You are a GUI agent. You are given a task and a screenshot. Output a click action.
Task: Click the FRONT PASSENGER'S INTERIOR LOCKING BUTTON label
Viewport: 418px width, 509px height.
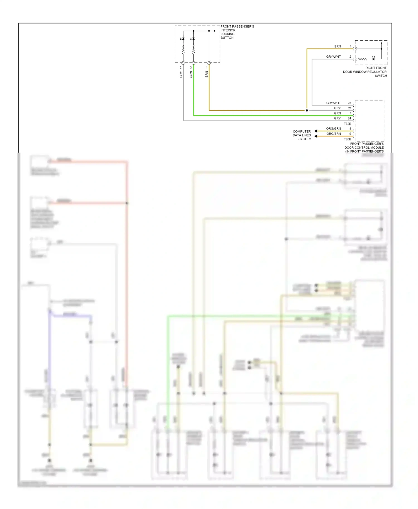(x=237, y=32)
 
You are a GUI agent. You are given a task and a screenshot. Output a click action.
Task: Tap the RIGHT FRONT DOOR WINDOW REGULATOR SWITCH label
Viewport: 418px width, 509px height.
(x=365, y=72)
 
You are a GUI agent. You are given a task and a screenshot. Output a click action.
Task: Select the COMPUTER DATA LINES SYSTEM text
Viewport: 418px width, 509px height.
(x=302, y=135)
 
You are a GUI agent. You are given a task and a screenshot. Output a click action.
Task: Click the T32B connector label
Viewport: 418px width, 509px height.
(x=347, y=124)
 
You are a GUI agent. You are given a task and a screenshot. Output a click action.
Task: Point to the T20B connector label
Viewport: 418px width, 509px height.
(x=347, y=139)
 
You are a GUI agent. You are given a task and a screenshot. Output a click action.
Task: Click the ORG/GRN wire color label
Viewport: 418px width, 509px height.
(x=334, y=129)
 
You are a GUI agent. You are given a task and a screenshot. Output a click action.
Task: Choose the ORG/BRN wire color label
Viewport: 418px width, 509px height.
(x=334, y=134)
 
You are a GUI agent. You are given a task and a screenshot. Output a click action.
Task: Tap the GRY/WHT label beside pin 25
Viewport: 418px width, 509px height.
(x=333, y=103)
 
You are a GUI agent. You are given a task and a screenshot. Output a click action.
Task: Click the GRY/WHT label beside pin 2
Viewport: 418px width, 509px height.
(x=333, y=57)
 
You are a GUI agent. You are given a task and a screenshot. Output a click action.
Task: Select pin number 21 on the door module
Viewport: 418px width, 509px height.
(x=349, y=108)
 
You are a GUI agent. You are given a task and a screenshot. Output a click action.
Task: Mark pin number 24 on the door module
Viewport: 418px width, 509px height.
(x=349, y=118)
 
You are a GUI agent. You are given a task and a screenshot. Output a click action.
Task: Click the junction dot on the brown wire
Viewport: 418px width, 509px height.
(x=307, y=111)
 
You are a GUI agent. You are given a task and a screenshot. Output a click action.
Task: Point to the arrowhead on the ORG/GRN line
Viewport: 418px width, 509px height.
(x=316, y=131)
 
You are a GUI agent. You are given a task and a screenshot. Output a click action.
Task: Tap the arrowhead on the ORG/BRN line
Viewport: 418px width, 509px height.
(x=316, y=136)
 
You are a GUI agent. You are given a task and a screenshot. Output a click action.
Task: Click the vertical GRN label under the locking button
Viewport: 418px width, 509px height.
(x=191, y=74)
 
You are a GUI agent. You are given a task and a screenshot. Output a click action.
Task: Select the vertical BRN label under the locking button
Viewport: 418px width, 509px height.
(x=207, y=74)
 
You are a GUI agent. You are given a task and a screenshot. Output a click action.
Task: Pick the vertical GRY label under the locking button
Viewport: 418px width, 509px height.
(x=181, y=74)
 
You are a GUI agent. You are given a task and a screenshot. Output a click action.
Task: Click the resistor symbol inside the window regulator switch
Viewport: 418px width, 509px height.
(x=363, y=59)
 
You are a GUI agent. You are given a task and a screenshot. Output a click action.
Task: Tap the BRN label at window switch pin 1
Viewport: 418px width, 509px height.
(x=337, y=47)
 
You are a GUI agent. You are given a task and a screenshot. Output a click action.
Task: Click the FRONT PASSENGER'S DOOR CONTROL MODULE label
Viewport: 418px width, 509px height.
(x=364, y=148)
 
